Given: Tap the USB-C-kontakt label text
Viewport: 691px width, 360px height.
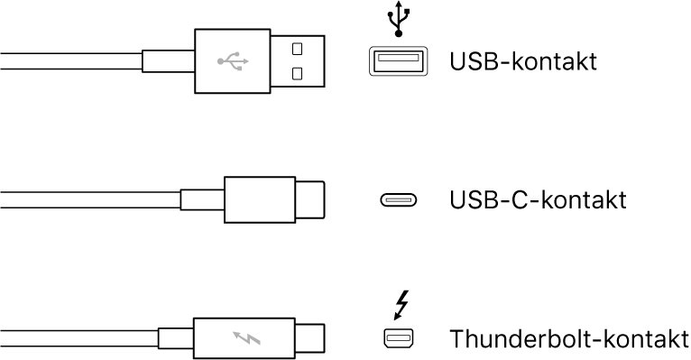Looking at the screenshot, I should point(538,199).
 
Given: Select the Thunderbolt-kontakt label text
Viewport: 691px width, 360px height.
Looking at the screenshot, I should point(568,339).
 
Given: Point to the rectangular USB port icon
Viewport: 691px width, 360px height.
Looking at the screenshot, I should point(396,61).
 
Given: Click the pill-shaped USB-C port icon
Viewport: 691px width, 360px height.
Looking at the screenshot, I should point(396,200).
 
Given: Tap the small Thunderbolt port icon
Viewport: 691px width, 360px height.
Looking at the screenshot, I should point(396,339).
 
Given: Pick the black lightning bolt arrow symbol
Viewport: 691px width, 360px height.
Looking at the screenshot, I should point(398,304).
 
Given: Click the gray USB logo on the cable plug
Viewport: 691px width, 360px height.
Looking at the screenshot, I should point(233,61).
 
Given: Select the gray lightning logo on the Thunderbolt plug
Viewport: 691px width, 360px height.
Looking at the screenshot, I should point(244,339).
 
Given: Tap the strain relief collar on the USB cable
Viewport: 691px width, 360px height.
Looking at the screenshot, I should point(168,61).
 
